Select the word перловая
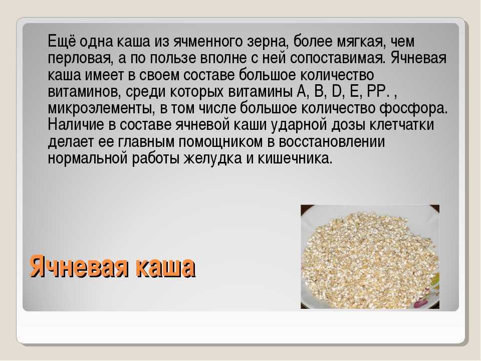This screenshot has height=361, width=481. (x=80, y=58)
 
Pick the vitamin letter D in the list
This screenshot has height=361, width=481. (x=337, y=91)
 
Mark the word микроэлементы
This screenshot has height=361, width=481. (x=101, y=108)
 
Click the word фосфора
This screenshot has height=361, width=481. (x=413, y=108)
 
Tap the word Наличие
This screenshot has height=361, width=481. (x=76, y=124)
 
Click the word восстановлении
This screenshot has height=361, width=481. (x=332, y=141)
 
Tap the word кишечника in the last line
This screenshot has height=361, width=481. (x=295, y=158)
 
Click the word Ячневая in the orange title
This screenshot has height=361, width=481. (x=79, y=266)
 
